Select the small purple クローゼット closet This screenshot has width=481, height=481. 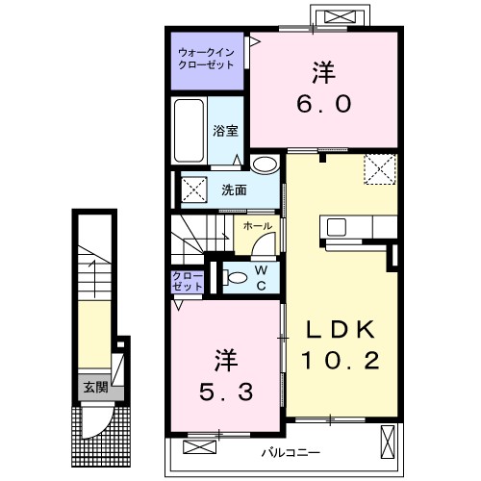[x=188, y=281]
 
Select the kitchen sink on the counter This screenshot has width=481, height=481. [x=336, y=227]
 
